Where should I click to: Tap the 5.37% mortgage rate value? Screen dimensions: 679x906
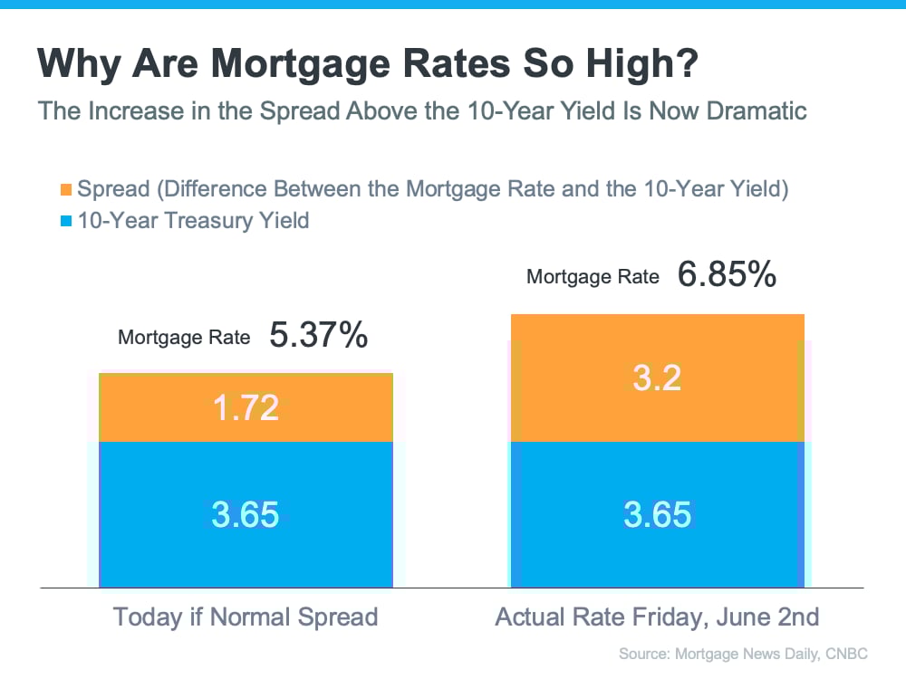[318, 336]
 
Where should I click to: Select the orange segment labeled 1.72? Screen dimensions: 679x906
[246, 407]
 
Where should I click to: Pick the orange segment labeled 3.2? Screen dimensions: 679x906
[658, 378]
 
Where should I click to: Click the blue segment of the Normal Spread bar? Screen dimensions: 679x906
[246, 514]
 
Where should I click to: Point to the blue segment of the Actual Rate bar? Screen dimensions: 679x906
[658, 514]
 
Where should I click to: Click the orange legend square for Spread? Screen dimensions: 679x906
[65, 190]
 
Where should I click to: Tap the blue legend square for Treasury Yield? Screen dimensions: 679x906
[65, 220]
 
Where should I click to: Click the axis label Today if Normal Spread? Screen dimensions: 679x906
[246, 617]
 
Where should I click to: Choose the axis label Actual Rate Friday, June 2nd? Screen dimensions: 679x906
[657, 617]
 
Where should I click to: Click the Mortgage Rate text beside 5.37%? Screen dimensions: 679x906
[184, 338]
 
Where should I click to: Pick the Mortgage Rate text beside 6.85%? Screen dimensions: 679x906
[593, 277]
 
